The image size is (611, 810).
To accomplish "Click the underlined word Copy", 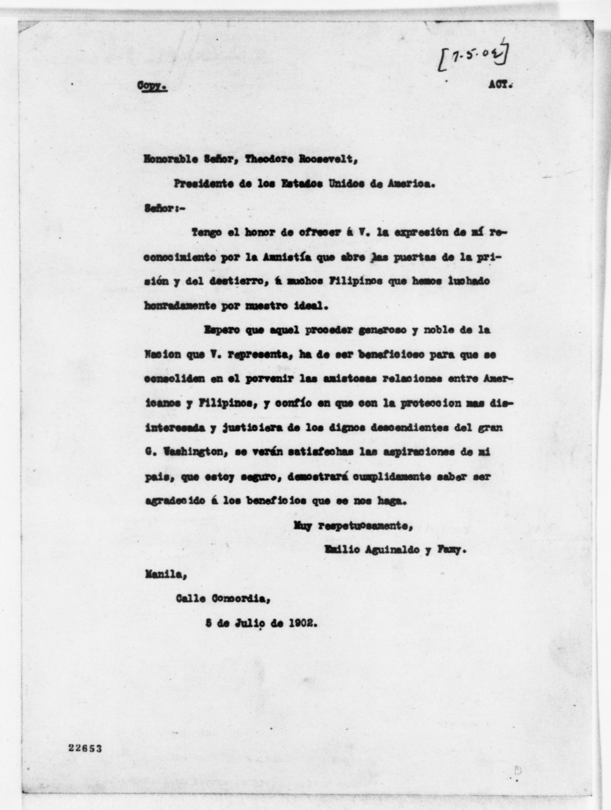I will [152, 86].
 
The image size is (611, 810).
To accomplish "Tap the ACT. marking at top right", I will [500, 85].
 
